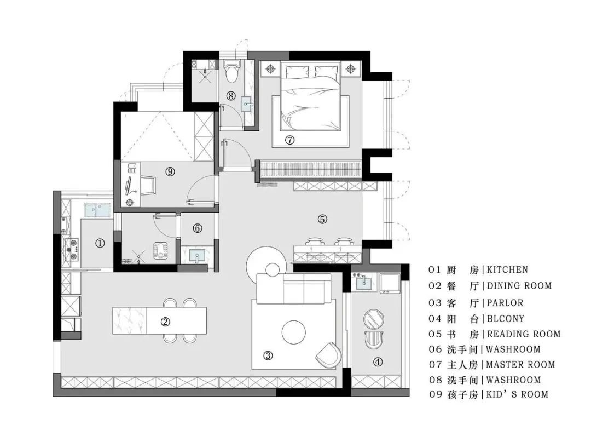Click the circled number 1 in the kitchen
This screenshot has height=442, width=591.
(x=100, y=244)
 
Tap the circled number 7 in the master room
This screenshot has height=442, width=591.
(x=289, y=140)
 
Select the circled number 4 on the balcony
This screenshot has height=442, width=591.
(x=378, y=362)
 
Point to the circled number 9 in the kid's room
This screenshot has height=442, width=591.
(x=170, y=172)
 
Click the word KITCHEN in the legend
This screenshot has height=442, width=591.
(x=507, y=270)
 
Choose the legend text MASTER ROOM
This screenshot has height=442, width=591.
(x=520, y=365)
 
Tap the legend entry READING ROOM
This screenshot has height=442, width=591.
(x=524, y=334)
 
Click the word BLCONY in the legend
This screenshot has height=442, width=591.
(x=506, y=319)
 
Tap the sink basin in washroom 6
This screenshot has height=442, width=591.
(x=196, y=255)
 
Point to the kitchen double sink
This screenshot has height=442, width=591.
(x=97, y=210)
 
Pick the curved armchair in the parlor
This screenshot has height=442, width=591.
(x=329, y=355)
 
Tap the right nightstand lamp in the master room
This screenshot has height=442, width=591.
(x=351, y=69)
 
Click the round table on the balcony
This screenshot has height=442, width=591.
(x=373, y=318)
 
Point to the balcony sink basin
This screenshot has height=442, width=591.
(x=364, y=282)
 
